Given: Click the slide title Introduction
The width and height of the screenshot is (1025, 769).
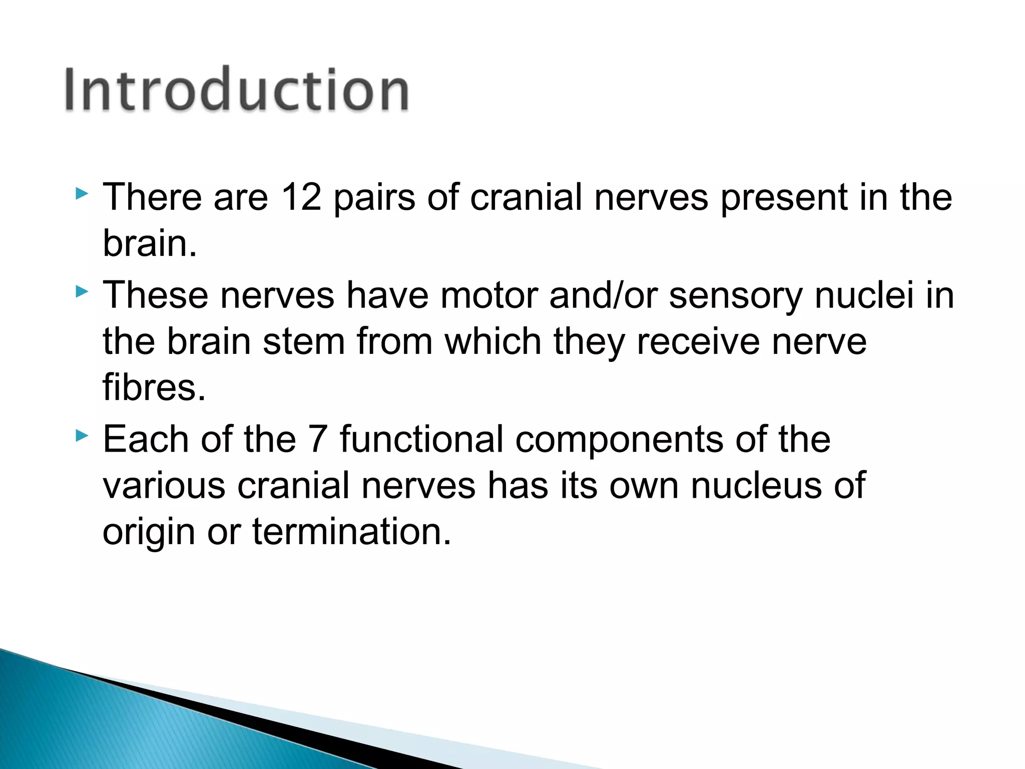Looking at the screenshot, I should (x=237, y=90).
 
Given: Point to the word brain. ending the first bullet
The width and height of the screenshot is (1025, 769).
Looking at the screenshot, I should (x=150, y=243).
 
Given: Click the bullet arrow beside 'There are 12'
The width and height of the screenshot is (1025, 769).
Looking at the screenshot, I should (x=82, y=193).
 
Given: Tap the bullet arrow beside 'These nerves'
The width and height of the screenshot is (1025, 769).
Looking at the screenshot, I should (x=82, y=291).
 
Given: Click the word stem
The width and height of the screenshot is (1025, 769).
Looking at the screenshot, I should (x=304, y=341).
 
